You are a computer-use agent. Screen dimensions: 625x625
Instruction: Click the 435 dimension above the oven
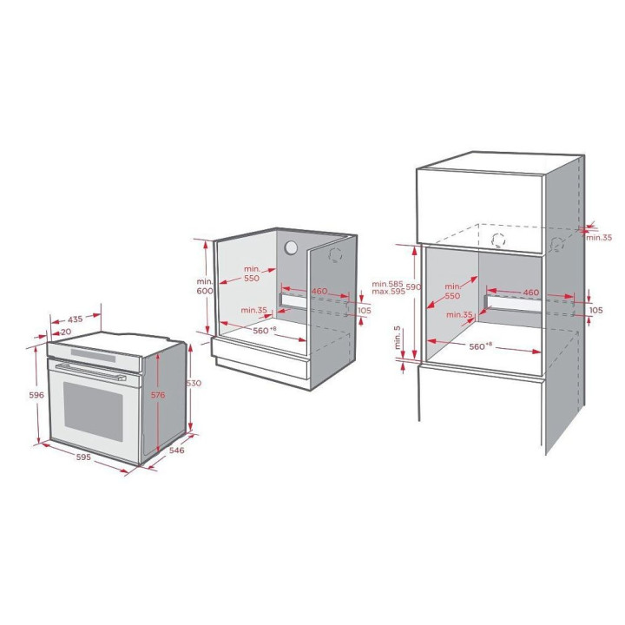75,319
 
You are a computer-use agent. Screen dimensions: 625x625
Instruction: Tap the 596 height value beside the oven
36,395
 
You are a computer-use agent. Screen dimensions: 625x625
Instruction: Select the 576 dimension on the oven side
158,395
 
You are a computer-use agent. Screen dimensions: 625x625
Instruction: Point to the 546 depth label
176,450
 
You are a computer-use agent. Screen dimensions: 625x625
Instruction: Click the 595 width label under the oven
83,457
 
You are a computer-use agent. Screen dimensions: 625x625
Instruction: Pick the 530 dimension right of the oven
194,383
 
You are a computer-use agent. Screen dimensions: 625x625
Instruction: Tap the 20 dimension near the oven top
66,332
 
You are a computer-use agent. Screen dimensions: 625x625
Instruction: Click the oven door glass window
93,411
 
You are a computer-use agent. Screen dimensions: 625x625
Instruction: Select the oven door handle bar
90,372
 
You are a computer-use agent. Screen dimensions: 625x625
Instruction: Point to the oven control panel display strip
93,355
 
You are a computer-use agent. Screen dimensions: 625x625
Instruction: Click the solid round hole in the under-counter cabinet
291,247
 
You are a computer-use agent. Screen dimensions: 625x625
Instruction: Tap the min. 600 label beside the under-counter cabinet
205,286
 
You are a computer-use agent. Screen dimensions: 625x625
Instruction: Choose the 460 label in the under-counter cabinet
319,292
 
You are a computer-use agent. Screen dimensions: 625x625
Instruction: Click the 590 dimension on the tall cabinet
413,286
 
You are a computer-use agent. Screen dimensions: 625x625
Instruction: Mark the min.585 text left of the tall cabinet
387,284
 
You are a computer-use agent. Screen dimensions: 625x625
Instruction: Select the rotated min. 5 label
398,338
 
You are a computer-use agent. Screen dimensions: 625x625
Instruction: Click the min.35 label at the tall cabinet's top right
599,238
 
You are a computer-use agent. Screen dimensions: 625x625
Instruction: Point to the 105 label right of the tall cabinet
595,310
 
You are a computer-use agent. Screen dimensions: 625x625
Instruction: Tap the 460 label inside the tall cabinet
531,293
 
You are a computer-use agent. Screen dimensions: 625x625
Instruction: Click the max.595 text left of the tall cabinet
389,292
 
